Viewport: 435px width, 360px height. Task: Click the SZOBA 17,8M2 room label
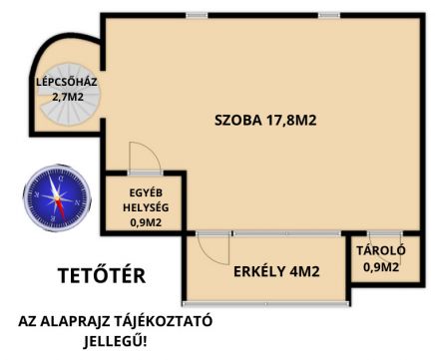point(265,120)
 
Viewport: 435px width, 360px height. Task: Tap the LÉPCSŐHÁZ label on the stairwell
point(67,82)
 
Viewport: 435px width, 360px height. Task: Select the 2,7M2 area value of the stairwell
point(68,97)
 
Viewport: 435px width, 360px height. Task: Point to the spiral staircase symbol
point(68,94)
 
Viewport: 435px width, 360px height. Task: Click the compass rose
point(57,198)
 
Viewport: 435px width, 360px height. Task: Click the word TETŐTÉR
point(102,275)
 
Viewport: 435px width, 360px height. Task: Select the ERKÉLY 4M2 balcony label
point(276,271)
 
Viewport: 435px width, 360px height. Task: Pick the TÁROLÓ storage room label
point(381,250)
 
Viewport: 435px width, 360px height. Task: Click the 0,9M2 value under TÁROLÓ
point(381,267)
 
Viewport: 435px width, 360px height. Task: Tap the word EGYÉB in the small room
point(146,192)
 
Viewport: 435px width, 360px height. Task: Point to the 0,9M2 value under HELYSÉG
point(146,222)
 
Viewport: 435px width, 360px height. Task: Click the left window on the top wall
point(197,15)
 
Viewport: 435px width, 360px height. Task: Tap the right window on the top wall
point(329,15)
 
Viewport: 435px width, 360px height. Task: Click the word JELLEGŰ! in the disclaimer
point(115,341)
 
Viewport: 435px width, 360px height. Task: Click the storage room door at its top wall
point(385,233)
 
